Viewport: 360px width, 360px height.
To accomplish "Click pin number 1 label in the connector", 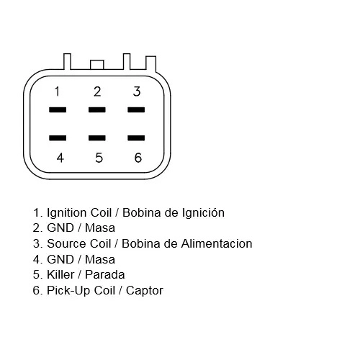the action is [57, 91].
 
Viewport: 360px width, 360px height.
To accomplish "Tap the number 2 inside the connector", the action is [97, 91].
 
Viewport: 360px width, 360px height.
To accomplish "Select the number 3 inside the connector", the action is [137, 91].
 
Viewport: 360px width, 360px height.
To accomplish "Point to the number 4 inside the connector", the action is [60, 158].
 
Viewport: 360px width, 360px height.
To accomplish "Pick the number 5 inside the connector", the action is [99, 158].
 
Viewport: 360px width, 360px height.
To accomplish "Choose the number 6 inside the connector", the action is [138, 158].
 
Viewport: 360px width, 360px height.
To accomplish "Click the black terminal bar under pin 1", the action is [58, 110].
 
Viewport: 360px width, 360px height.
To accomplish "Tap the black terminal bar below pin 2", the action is [97, 110].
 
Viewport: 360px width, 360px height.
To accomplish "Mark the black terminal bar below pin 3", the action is [136, 110].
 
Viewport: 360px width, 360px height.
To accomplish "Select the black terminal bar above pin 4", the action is [58, 138].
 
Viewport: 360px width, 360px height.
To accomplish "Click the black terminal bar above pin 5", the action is [97, 138].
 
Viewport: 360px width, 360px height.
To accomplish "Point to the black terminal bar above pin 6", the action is [136, 138].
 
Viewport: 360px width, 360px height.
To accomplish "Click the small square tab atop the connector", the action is [97, 65].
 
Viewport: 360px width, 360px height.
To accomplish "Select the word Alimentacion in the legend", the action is [217, 243].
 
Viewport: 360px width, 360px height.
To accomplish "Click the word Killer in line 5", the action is [60, 275].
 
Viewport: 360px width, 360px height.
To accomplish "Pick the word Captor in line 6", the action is [145, 291].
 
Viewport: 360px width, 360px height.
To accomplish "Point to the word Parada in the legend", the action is [105, 275].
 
